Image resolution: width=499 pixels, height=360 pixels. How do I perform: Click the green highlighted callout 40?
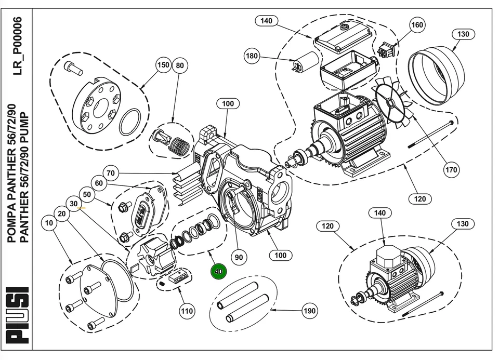coord(218,271)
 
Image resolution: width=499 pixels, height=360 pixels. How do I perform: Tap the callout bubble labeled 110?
coord(187,311)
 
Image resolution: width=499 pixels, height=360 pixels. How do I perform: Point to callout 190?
coord(309,311)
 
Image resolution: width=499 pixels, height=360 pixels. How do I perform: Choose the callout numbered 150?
coord(163,65)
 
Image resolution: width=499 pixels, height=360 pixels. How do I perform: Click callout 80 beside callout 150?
coord(180,65)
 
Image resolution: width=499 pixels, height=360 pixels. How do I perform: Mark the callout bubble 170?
coord(451,169)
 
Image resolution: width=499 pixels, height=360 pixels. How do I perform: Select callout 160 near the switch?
coord(417,24)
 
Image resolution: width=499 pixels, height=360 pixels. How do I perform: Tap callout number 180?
coord(252,56)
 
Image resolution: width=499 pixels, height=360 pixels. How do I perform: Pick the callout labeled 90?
coord(239,257)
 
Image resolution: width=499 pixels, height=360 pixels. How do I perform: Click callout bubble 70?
coord(110,172)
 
